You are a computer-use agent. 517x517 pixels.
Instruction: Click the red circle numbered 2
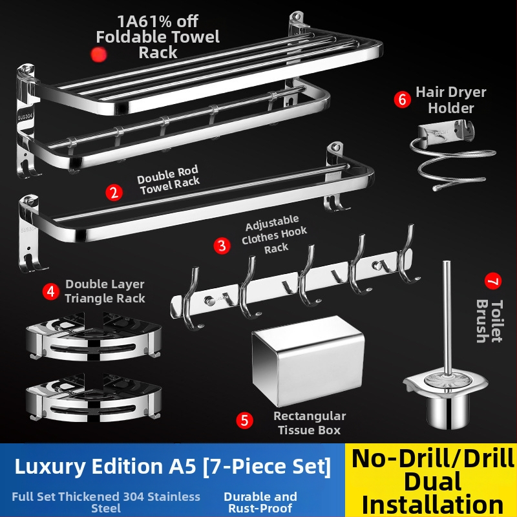point(114,193)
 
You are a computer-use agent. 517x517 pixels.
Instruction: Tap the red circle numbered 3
point(222,246)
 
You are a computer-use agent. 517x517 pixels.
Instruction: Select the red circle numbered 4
point(51,291)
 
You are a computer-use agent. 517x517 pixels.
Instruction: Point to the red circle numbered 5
point(245,421)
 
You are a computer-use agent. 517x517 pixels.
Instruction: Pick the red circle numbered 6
point(403,100)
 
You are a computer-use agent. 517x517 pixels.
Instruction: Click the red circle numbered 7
point(493,281)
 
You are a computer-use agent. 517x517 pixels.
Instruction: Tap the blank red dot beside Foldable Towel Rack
point(99,54)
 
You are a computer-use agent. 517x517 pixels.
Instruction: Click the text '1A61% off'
point(158,21)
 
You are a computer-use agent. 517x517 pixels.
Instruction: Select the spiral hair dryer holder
point(452,155)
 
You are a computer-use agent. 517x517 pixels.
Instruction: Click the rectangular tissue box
point(308,361)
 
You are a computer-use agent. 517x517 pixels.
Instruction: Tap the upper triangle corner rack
point(94,336)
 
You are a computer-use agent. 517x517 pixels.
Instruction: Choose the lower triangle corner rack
point(94,398)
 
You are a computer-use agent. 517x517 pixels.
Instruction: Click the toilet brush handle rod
point(447,318)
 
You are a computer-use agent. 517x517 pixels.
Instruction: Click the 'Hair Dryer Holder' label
point(450,100)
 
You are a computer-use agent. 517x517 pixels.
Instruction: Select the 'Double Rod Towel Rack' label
point(169,180)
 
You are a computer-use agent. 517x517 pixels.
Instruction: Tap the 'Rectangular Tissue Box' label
point(310,423)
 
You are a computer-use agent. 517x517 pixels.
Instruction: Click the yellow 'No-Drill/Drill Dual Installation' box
point(431,480)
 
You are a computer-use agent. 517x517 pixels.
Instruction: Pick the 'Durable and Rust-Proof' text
point(260,503)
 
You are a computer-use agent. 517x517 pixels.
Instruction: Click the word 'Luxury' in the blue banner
point(50,467)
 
